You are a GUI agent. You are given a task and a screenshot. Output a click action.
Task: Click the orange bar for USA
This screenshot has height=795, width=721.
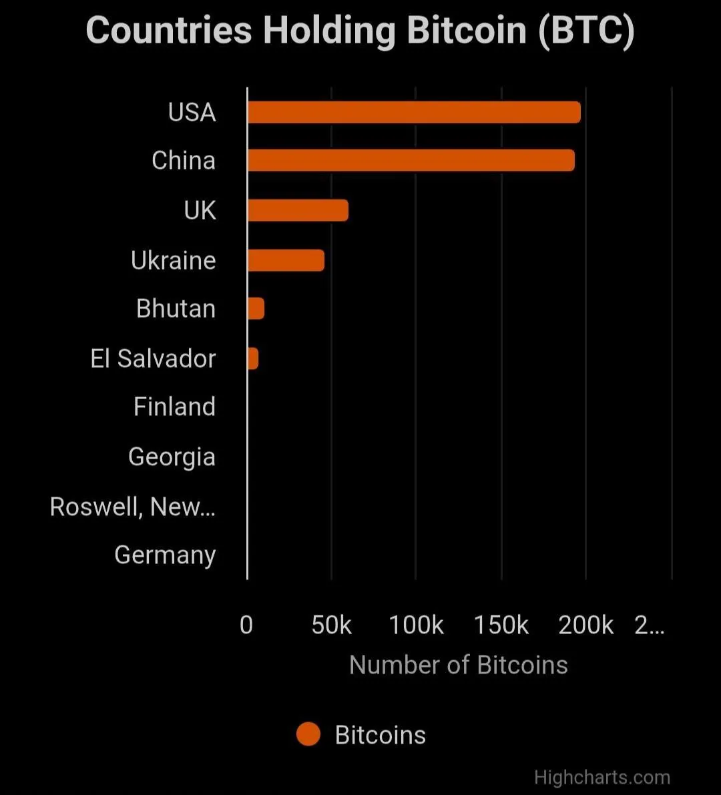pyautogui.click(x=414, y=112)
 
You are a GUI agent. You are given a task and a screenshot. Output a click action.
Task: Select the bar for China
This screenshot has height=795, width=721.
pyautogui.click(x=411, y=160)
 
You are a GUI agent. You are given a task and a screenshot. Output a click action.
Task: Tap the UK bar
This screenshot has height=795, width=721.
pyautogui.click(x=298, y=210)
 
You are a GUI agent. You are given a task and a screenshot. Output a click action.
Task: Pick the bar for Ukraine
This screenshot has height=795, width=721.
pyautogui.click(x=286, y=260)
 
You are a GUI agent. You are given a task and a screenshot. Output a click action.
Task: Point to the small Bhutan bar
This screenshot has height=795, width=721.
pyautogui.click(x=256, y=308)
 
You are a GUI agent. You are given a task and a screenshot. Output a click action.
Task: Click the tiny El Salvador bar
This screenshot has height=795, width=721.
pyautogui.click(x=253, y=358)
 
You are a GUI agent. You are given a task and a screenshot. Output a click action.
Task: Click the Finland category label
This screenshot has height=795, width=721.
pyautogui.click(x=174, y=407)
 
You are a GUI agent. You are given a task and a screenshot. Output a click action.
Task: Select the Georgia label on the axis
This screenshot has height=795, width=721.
pyautogui.click(x=172, y=457)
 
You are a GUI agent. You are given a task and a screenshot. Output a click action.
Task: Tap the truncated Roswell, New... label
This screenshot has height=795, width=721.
pyautogui.click(x=132, y=507)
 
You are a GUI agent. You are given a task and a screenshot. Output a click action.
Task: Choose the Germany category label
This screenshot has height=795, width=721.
pyautogui.click(x=165, y=555)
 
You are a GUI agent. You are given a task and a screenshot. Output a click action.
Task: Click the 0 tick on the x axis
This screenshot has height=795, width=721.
pyautogui.click(x=246, y=625)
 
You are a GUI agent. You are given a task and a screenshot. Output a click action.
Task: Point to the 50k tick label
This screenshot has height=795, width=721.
pyautogui.click(x=331, y=625)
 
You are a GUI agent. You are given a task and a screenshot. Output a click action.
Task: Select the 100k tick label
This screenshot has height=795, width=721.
pyautogui.click(x=416, y=625)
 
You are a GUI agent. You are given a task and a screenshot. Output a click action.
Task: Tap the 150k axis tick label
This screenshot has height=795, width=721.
pyautogui.click(x=501, y=625)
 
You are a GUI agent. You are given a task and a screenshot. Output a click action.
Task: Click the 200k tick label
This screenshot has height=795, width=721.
pyautogui.click(x=585, y=625)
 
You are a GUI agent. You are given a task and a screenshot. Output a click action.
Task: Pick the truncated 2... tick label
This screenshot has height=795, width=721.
pyautogui.click(x=649, y=625)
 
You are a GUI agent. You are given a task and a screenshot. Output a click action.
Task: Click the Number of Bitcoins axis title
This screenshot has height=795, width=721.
pyautogui.click(x=458, y=665)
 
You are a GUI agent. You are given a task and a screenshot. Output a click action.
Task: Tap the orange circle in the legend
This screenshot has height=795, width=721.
pyautogui.click(x=308, y=734)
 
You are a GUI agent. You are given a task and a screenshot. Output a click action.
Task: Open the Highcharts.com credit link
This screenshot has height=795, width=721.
pyautogui.click(x=602, y=778)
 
